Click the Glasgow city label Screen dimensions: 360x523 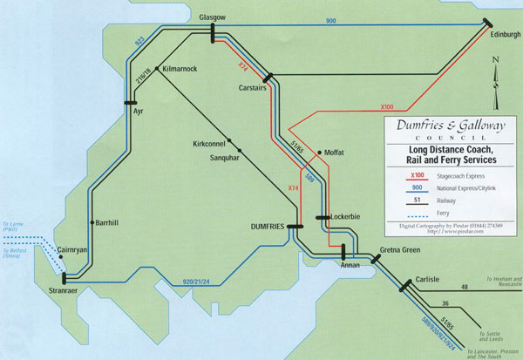[x=212, y=17]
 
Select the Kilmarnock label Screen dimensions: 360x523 [x=179, y=68]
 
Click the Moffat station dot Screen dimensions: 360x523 [x=321, y=153]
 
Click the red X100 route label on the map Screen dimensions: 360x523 [x=391, y=107]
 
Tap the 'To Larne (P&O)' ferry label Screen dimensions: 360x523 [x=15, y=229]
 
